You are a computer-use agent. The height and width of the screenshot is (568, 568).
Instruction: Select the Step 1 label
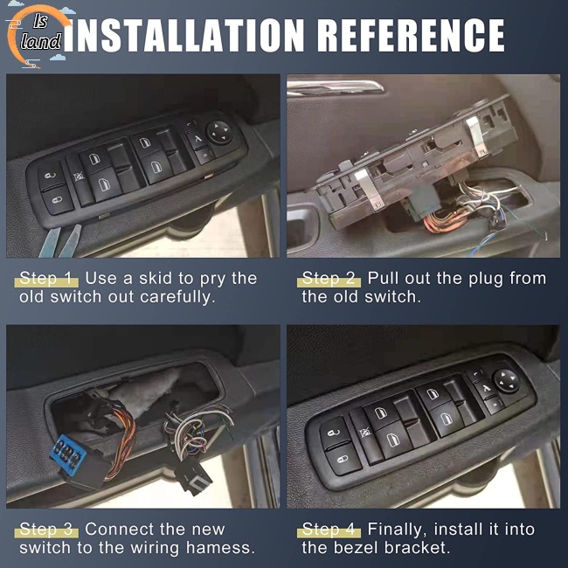point(46,279)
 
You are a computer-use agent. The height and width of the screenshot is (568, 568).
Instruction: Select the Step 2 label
point(329,279)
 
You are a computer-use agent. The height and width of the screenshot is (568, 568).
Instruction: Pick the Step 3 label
point(46,530)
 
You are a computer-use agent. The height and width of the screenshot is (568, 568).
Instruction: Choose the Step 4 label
point(329,530)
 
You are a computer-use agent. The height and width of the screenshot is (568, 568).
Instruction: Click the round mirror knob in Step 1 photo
point(220,132)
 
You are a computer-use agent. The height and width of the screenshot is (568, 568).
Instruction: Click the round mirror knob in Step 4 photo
point(507,380)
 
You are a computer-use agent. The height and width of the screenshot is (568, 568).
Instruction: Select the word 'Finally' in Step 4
point(397,530)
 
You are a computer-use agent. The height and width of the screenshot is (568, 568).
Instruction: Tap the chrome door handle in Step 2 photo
point(335,87)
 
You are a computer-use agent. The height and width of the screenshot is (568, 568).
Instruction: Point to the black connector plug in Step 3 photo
point(192,477)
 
